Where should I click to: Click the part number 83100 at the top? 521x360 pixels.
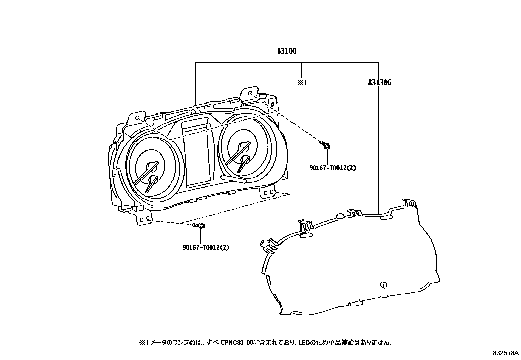click(x=287, y=51)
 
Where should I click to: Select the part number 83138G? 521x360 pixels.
click(x=380, y=83)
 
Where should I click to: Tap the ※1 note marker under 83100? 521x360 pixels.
click(x=302, y=83)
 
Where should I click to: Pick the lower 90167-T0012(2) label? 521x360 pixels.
click(x=206, y=247)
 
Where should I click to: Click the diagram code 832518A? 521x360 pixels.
click(x=506, y=353)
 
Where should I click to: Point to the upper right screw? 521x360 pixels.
click(x=325, y=145)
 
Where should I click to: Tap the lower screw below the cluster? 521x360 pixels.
click(x=199, y=225)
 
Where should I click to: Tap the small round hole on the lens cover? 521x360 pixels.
click(x=384, y=285)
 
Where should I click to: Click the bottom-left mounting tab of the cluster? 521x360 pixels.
click(x=144, y=219)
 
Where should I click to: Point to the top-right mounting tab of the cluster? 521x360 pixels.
click(x=250, y=94)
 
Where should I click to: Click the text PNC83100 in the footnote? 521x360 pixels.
click(x=239, y=343)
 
